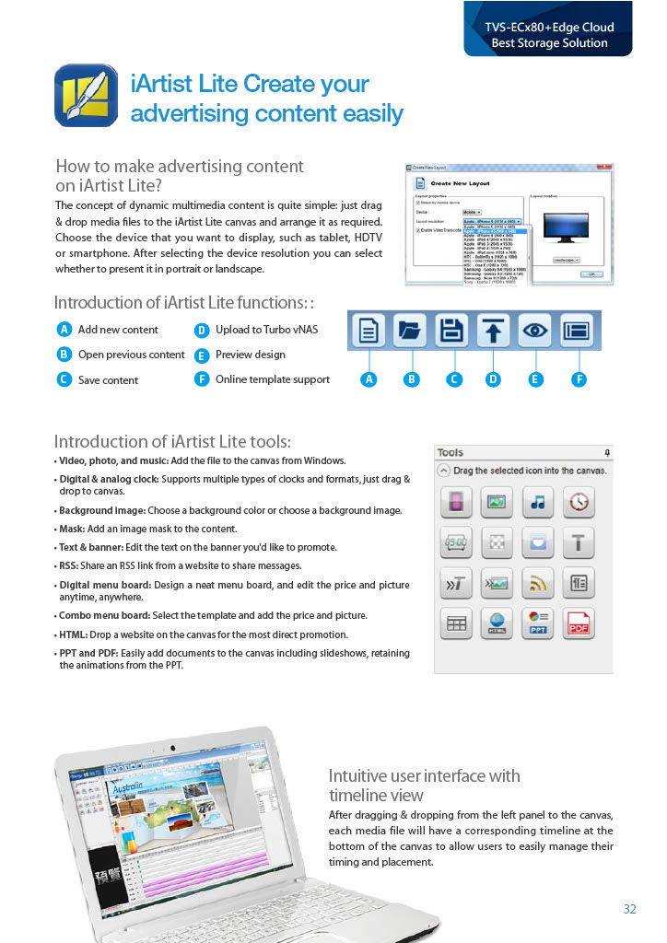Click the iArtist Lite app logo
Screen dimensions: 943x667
click(86, 95)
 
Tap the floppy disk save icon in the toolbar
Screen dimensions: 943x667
click(451, 331)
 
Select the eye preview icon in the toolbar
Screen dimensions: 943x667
click(535, 331)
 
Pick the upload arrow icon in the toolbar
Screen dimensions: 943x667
click(493, 331)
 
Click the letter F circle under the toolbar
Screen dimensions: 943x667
click(579, 378)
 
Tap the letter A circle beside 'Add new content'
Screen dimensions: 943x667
click(64, 330)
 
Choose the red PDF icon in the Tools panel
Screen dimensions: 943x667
click(578, 623)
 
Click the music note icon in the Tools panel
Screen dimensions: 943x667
click(535, 503)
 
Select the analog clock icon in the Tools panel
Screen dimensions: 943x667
click(578, 503)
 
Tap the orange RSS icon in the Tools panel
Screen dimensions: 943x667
click(535, 583)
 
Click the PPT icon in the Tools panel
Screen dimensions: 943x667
click(535, 623)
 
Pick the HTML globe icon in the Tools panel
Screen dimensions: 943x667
click(496, 623)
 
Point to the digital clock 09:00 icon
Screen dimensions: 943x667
click(455, 543)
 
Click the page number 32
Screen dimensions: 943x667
click(629, 909)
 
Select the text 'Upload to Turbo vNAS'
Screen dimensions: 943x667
click(266, 330)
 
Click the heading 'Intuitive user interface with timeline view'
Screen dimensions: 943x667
click(424, 785)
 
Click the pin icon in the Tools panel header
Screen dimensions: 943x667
click(606, 452)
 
